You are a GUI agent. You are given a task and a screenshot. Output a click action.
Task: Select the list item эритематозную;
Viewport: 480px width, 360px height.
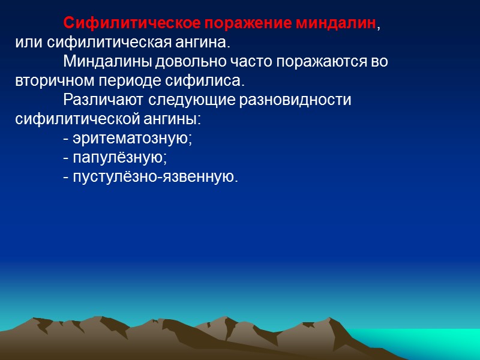(x=127, y=139)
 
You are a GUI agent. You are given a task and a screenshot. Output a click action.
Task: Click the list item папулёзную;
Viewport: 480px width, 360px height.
(x=115, y=158)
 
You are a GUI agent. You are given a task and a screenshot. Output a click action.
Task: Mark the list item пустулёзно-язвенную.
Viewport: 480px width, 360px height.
(x=150, y=177)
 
